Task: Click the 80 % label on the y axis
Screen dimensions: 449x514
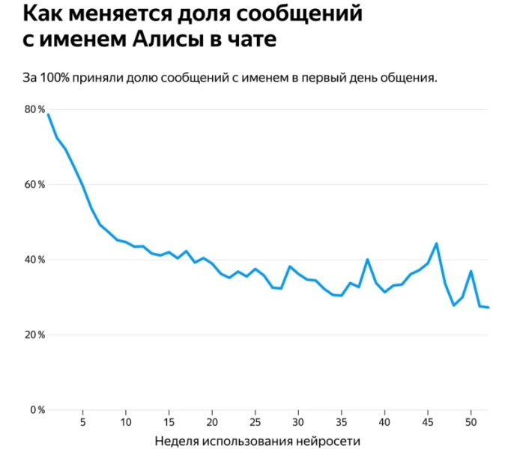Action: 35,109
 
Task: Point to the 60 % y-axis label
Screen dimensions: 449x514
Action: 35,184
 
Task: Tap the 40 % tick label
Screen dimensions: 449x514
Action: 35,260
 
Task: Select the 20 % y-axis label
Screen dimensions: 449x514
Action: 35,335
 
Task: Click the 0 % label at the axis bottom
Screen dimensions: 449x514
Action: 37,410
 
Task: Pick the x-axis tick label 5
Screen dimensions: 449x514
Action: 82,421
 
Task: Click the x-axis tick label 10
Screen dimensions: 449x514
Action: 125,421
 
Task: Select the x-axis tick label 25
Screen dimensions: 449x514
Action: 255,421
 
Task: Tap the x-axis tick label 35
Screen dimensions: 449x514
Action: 341,421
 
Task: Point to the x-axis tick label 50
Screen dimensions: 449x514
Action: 471,421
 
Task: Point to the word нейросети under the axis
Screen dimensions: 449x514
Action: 328,442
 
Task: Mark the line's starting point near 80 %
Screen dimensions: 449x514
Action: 48,114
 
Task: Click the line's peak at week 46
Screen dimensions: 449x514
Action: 436,243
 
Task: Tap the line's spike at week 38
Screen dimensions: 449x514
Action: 367,260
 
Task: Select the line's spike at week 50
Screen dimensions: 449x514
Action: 471,271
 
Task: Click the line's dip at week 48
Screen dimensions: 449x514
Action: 453,305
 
